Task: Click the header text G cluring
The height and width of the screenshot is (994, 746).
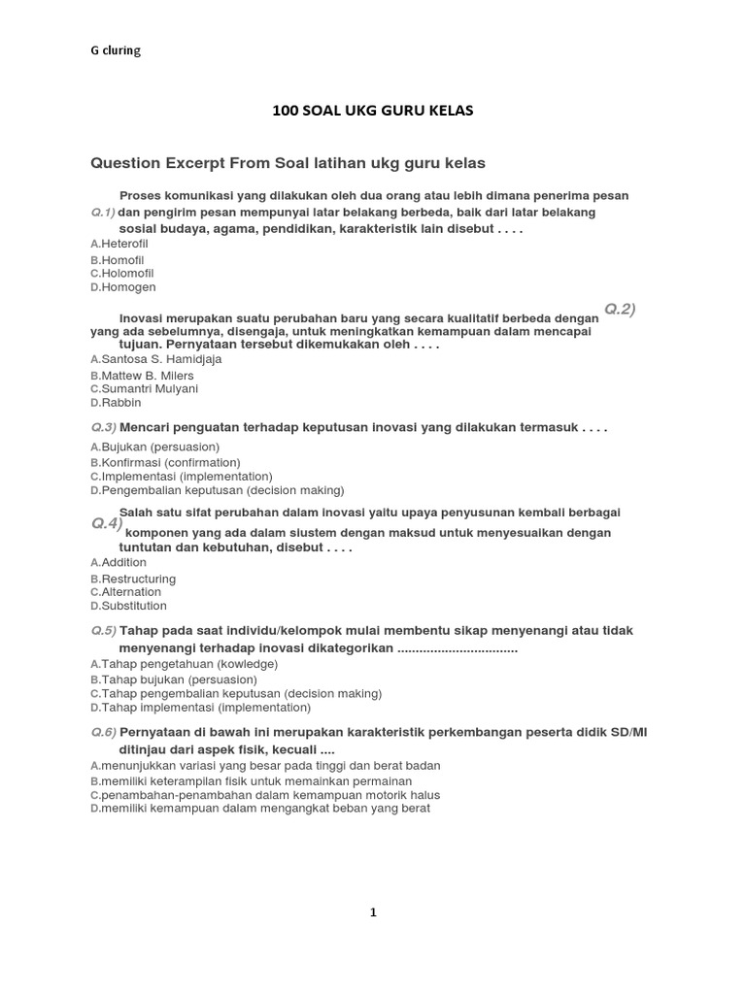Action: [116, 51]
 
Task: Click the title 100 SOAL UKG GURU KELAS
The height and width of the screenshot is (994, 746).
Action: [372, 111]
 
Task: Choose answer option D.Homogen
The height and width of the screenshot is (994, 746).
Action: [122, 287]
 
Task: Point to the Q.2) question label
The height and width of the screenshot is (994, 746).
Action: [620, 309]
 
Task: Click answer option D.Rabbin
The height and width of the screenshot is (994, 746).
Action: [116, 403]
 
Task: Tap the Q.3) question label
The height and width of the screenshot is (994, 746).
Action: [103, 427]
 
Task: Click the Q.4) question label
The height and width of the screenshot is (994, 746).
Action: [107, 523]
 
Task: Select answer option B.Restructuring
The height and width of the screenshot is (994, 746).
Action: [133, 579]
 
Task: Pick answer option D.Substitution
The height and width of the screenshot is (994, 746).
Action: [128, 606]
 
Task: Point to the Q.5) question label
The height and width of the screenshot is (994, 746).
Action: [103, 631]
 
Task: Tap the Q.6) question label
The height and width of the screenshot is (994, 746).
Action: [103, 732]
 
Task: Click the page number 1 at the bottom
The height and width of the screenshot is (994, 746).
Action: [373, 912]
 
